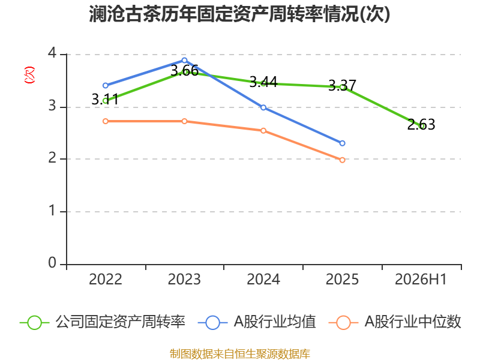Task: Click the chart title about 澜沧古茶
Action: tap(239, 14)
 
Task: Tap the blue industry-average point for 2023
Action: tap(184, 61)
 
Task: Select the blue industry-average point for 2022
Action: tap(106, 85)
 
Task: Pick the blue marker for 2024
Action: tap(263, 107)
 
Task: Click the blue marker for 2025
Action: tap(342, 143)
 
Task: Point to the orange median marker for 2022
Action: tap(106, 121)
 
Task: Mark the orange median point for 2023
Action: tap(184, 121)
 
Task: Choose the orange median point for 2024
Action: tap(263, 131)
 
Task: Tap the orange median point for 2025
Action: tap(342, 160)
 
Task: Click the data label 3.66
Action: tap(184, 71)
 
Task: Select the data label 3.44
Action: tap(263, 82)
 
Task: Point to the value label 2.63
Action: tap(421, 125)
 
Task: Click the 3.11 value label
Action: tap(105, 100)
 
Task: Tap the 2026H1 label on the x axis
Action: tap(421, 279)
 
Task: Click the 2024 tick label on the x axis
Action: tap(263, 279)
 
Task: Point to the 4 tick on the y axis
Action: tap(52, 53)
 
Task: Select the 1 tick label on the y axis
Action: tap(52, 211)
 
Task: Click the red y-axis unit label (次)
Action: tap(29, 75)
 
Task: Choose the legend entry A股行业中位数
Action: tap(395, 322)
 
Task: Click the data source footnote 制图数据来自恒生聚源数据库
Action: tap(240, 354)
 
